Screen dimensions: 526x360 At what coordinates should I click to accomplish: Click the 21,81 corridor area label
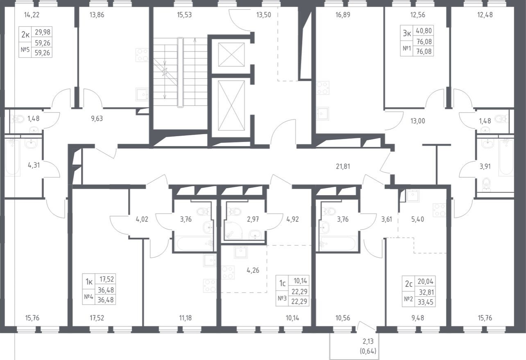coord(343,166)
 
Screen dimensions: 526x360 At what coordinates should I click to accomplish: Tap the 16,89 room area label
coord(343,15)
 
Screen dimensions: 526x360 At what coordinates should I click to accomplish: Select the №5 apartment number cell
coord(25,49)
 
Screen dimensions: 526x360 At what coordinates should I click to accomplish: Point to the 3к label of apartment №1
coord(407,34)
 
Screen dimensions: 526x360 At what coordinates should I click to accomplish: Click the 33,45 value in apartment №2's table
coord(425,302)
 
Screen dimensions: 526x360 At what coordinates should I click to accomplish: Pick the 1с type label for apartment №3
coord(282,283)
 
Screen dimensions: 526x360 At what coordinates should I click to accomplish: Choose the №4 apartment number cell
coord(88,297)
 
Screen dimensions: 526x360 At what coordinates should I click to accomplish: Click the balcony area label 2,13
coord(368,341)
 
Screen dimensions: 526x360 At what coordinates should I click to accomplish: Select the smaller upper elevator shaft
coord(231,54)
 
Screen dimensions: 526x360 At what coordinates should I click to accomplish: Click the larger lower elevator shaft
coord(231,106)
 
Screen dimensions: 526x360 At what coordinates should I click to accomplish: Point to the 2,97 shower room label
coord(253,219)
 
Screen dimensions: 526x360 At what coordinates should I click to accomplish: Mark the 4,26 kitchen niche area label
coord(253,270)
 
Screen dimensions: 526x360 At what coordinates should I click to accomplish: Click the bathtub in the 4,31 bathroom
coord(12,157)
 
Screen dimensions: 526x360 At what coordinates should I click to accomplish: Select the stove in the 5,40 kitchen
coord(439,209)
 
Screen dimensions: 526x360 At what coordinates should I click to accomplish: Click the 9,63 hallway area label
coord(97,119)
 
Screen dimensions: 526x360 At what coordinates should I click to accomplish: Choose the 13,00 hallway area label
coord(418,121)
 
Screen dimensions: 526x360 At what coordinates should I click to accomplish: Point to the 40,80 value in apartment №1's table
coord(424,31)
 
